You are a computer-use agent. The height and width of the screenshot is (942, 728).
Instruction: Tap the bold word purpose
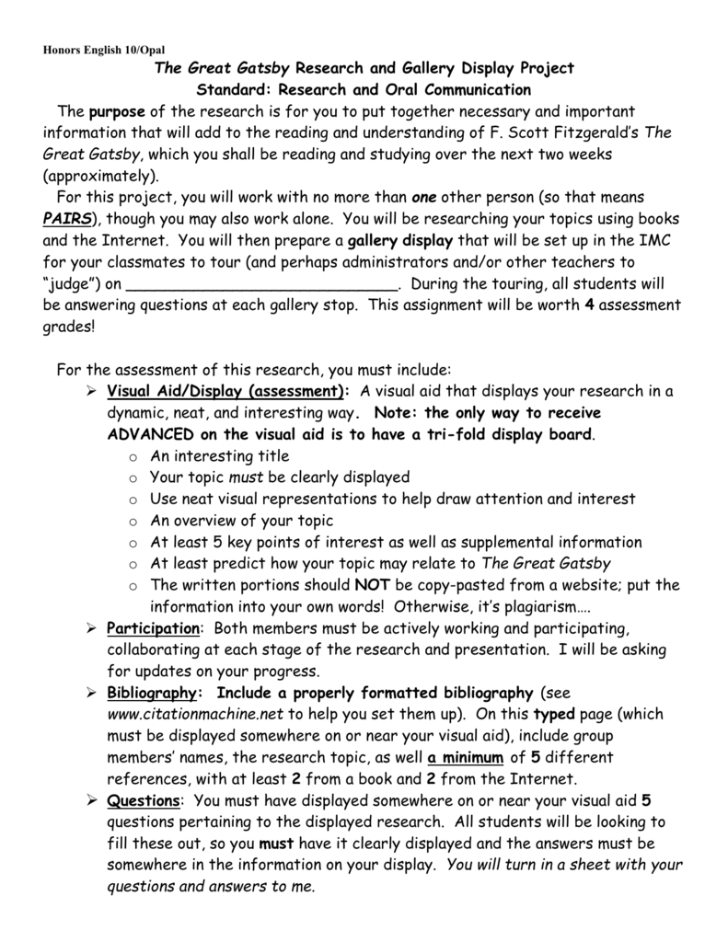point(115,112)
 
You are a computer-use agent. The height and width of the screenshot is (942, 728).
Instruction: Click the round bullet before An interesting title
point(134,457)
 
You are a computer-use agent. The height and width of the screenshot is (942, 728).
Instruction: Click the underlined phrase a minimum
point(465,757)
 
